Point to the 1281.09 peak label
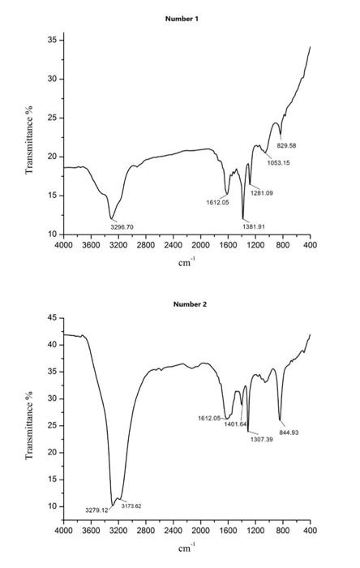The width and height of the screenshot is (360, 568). (x=261, y=192)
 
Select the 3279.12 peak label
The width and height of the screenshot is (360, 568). (x=96, y=510)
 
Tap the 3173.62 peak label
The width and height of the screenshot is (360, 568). (x=131, y=506)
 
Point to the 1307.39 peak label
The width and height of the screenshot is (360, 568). (x=261, y=439)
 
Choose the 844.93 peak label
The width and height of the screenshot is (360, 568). (x=289, y=432)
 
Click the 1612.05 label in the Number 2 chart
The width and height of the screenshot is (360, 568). (x=209, y=418)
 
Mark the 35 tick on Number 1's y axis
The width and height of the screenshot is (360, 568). (x=51, y=40)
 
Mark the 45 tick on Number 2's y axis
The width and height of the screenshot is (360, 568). (x=51, y=318)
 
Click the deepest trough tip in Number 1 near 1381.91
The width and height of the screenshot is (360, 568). (x=243, y=218)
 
